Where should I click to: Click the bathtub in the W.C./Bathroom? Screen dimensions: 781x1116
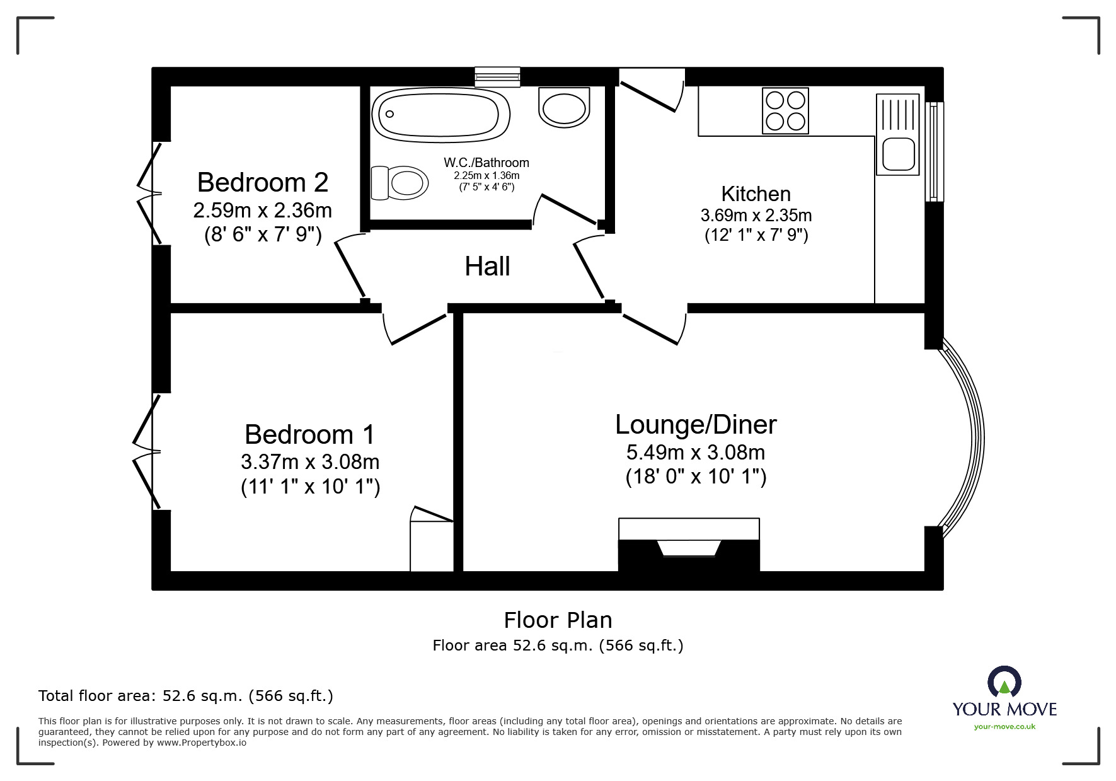(440, 114)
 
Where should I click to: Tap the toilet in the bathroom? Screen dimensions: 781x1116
(400, 183)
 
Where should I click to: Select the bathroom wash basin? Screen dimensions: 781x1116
(565, 107)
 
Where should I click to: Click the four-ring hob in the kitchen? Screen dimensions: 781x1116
(785, 111)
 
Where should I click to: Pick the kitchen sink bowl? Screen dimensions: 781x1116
(898, 154)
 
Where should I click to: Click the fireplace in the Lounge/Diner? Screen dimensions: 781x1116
(689, 546)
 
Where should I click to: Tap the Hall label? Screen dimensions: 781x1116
(487, 267)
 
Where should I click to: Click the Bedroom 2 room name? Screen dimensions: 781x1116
(263, 182)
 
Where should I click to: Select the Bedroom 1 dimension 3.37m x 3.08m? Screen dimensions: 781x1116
(310, 462)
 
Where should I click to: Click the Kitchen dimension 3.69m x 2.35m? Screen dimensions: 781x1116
(756, 216)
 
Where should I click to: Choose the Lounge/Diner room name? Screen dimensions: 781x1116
(696, 425)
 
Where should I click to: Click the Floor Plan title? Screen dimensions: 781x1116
(558, 620)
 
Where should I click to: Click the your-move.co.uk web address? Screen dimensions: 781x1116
(1004, 727)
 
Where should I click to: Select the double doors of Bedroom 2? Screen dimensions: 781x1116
(150, 193)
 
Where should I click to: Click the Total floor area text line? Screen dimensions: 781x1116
(186, 696)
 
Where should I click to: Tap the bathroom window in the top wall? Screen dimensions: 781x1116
(497, 77)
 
